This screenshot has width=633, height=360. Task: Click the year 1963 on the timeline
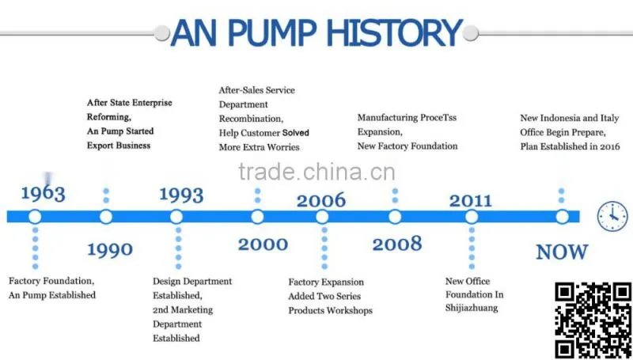point(43,193)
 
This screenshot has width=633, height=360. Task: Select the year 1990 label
point(110,250)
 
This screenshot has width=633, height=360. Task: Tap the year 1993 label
point(181,195)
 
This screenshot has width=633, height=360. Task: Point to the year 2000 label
point(263,244)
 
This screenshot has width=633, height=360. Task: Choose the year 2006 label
point(321,201)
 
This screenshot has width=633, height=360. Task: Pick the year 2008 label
point(397,244)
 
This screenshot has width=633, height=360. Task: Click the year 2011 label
point(471,201)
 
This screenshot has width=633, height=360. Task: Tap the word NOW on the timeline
point(562,252)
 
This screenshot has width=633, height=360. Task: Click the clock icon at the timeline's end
point(612,217)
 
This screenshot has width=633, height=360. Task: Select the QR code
point(593,320)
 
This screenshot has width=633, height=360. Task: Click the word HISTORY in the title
point(394,32)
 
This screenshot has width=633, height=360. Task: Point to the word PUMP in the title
point(268,32)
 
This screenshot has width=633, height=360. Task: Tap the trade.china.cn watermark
point(316,172)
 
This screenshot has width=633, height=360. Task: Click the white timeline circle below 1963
point(35,217)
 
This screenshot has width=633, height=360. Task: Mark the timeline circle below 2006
point(322,217)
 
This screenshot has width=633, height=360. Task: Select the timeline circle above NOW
point(562,217)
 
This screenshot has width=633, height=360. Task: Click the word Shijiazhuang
point(472,309)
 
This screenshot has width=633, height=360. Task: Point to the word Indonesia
point(560,118)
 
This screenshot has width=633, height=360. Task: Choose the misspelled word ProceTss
point(438,118)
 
